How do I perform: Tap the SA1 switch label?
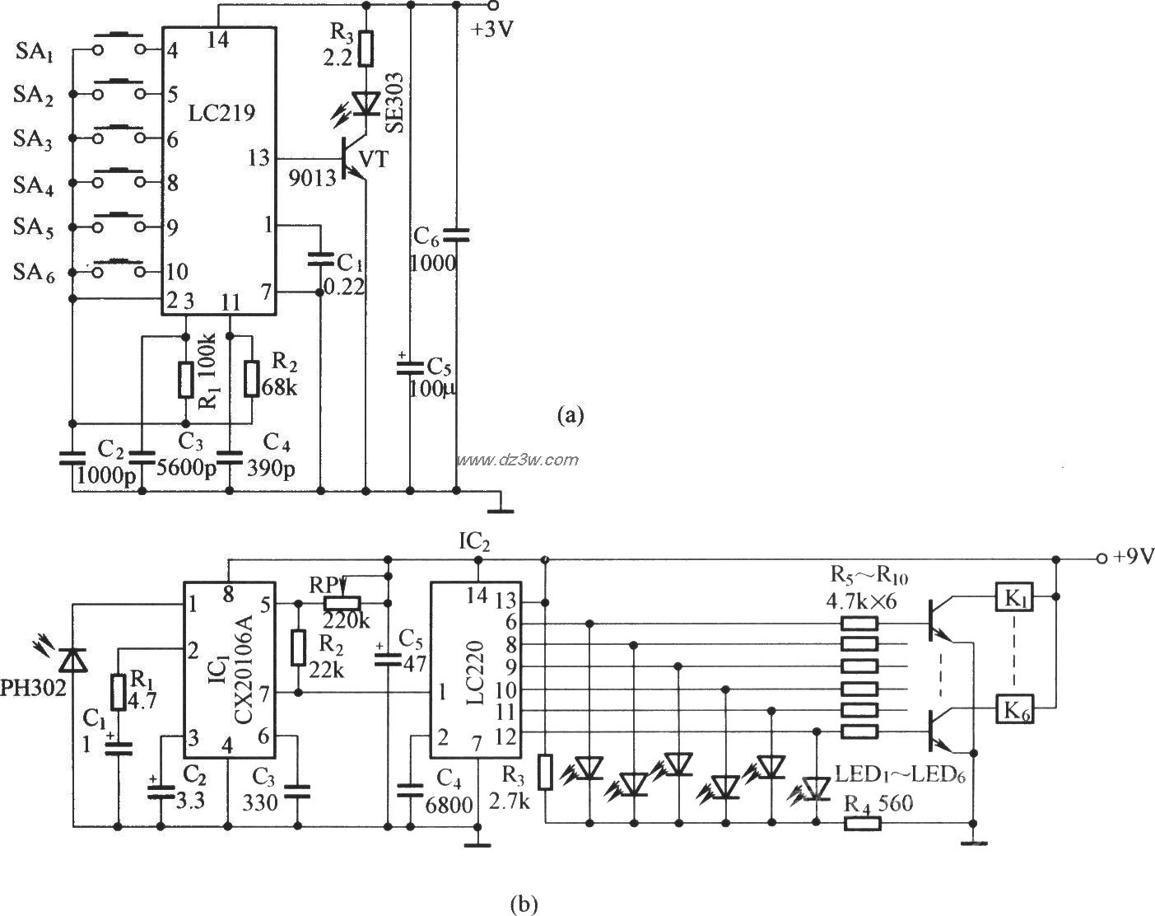35,54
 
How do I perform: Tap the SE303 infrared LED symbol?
365,103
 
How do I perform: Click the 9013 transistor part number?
311,175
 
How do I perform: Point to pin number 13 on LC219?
258,157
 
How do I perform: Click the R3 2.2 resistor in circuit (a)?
366,49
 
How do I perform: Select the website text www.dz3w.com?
518,460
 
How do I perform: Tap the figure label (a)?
570,414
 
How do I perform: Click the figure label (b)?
524,904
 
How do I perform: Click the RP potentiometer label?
322,583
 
